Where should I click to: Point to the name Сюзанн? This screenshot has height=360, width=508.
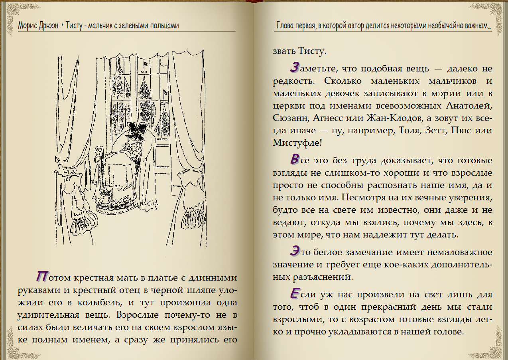[x=290, y=118]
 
